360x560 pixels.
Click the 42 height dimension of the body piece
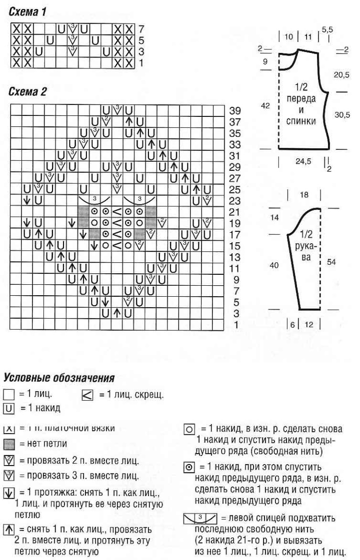pyautogui.click(x=266, y=105)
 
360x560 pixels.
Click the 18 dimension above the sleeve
pyautogui.click(x=304, y=195)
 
